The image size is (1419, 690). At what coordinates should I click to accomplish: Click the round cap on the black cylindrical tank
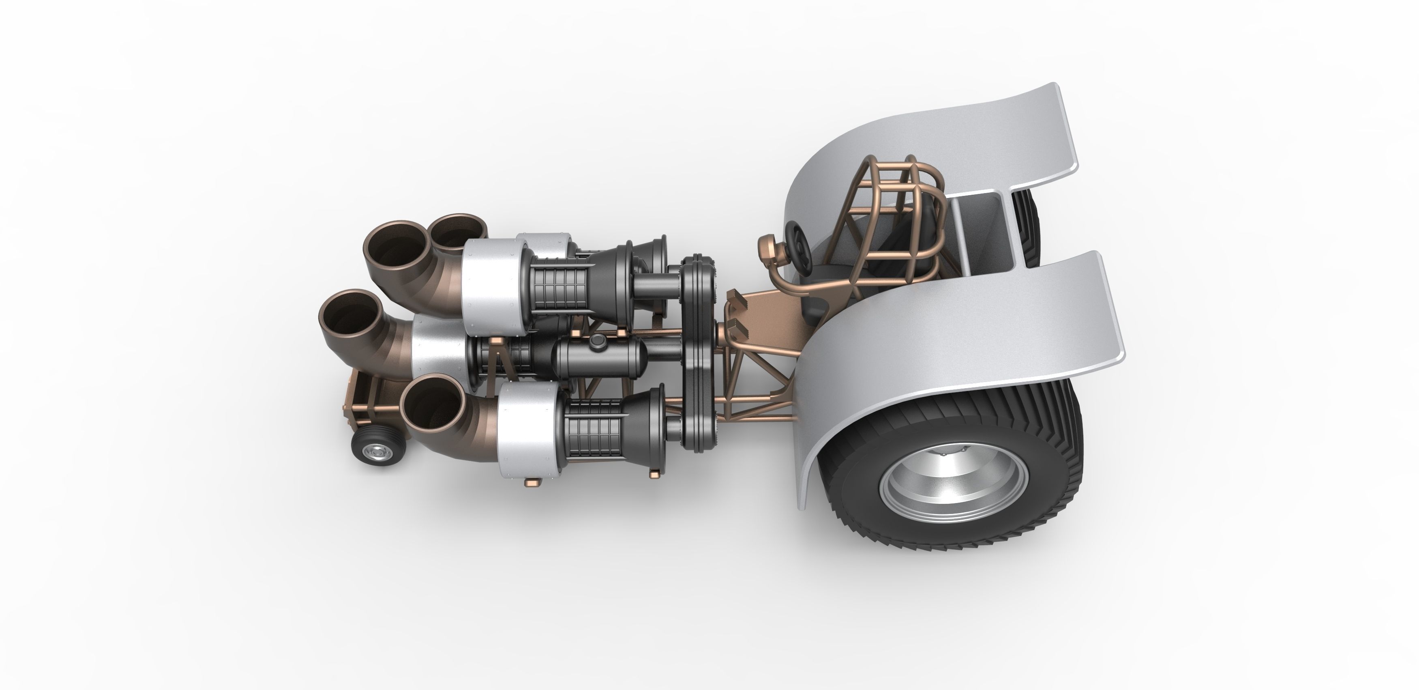596,343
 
